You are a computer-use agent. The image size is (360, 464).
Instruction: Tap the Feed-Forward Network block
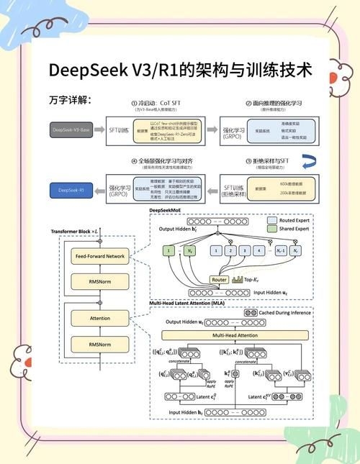(x=100, y=256)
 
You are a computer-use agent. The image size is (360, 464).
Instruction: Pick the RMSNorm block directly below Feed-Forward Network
(x=100, y=283)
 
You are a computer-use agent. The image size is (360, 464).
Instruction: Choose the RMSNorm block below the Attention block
(x=100, y=345)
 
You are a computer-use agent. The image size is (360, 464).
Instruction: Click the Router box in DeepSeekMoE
(x=220, y=279)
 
